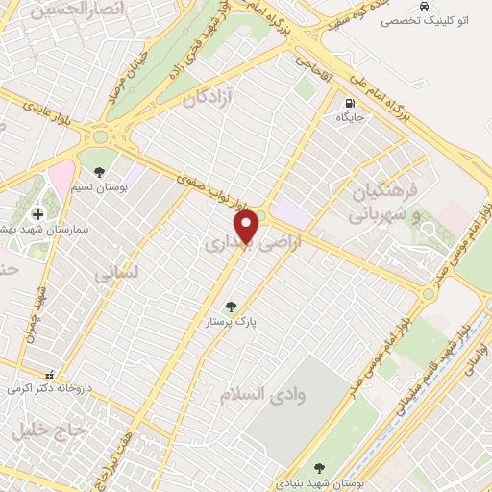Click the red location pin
(x=248, y=227)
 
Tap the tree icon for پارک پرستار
(x=231, y=307)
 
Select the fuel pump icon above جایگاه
(x=348, y=103)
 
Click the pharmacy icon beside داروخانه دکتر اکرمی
(x=51, y=375)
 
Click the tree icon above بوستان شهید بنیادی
(x=318, y=468)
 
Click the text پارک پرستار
(x=231, y=324)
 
